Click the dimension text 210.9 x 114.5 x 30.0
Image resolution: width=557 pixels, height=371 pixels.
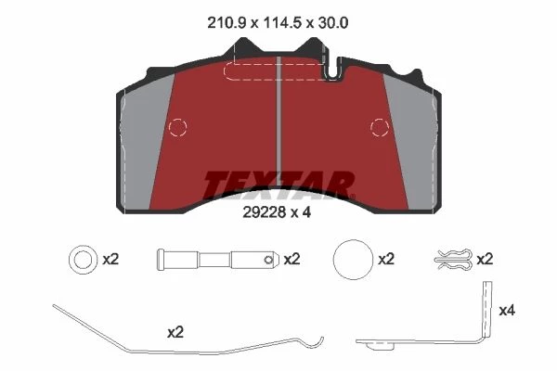tap(278, 23)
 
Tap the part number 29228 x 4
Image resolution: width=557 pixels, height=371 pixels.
tap(277, 212)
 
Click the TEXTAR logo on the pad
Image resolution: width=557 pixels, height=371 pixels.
tap(278, 185)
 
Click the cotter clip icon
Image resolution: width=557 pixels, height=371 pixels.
tap(454, 259)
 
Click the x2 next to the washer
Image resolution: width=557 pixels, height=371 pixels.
tap(110, 260)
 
